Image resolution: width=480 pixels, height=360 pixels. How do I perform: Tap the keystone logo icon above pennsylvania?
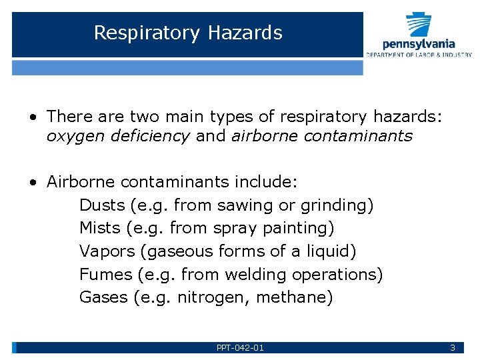(419, 25)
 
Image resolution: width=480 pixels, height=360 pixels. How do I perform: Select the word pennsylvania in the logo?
(419, 43)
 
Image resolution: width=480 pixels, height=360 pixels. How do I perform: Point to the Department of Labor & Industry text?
(419, 54)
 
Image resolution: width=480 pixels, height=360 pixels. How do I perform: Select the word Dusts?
(103, 205)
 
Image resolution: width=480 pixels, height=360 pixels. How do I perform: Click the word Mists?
(99, 228)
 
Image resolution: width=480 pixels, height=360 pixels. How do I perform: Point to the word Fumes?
(105, 274)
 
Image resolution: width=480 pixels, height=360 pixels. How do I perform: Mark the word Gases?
(103, 297)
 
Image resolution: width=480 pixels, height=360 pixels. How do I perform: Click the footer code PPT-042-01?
(240, 348)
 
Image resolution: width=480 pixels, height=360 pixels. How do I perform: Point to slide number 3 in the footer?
(453, 348)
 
